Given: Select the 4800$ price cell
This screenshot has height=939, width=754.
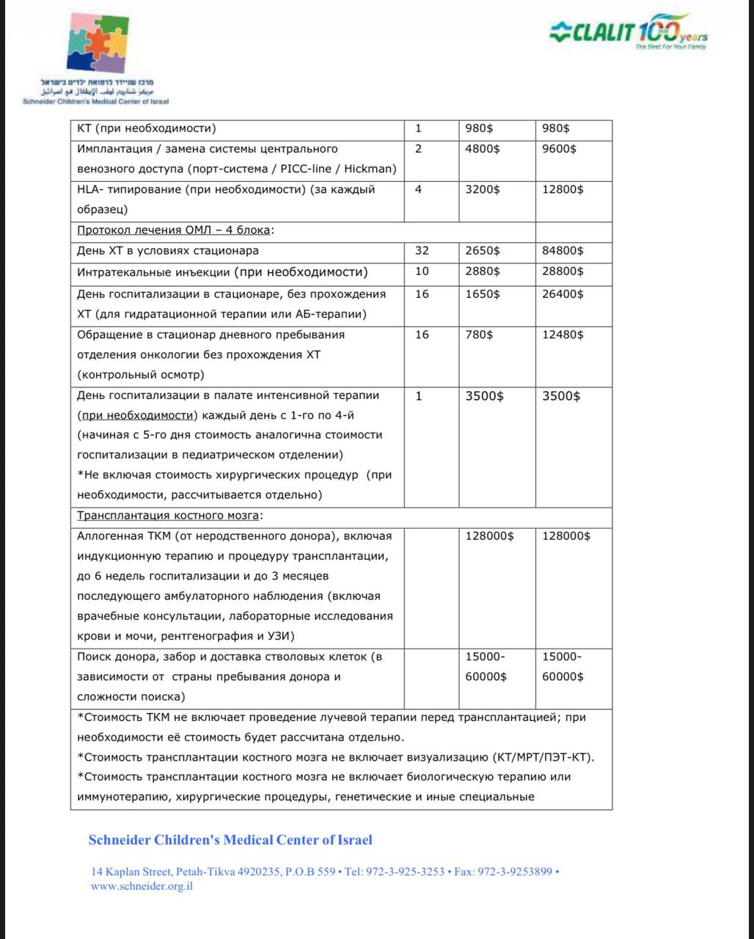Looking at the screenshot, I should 483,149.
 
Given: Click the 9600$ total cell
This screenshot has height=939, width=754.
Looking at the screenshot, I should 559,149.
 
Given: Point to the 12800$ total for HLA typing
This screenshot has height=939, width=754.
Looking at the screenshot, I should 563,189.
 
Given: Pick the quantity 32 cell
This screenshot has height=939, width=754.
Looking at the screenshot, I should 422,251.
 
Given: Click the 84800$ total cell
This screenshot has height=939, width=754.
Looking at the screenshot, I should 563,251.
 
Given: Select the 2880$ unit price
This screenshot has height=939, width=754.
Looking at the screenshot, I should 483,271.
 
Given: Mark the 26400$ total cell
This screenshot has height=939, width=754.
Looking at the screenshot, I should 563,294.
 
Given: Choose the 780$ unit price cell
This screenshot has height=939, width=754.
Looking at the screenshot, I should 479,335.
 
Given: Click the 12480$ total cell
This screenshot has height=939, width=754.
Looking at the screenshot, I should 563,335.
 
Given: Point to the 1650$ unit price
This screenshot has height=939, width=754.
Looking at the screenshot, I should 483,294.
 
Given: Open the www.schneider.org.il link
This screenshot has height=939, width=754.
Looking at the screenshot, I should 142,885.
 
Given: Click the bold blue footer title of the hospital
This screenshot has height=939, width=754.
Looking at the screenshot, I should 230,840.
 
